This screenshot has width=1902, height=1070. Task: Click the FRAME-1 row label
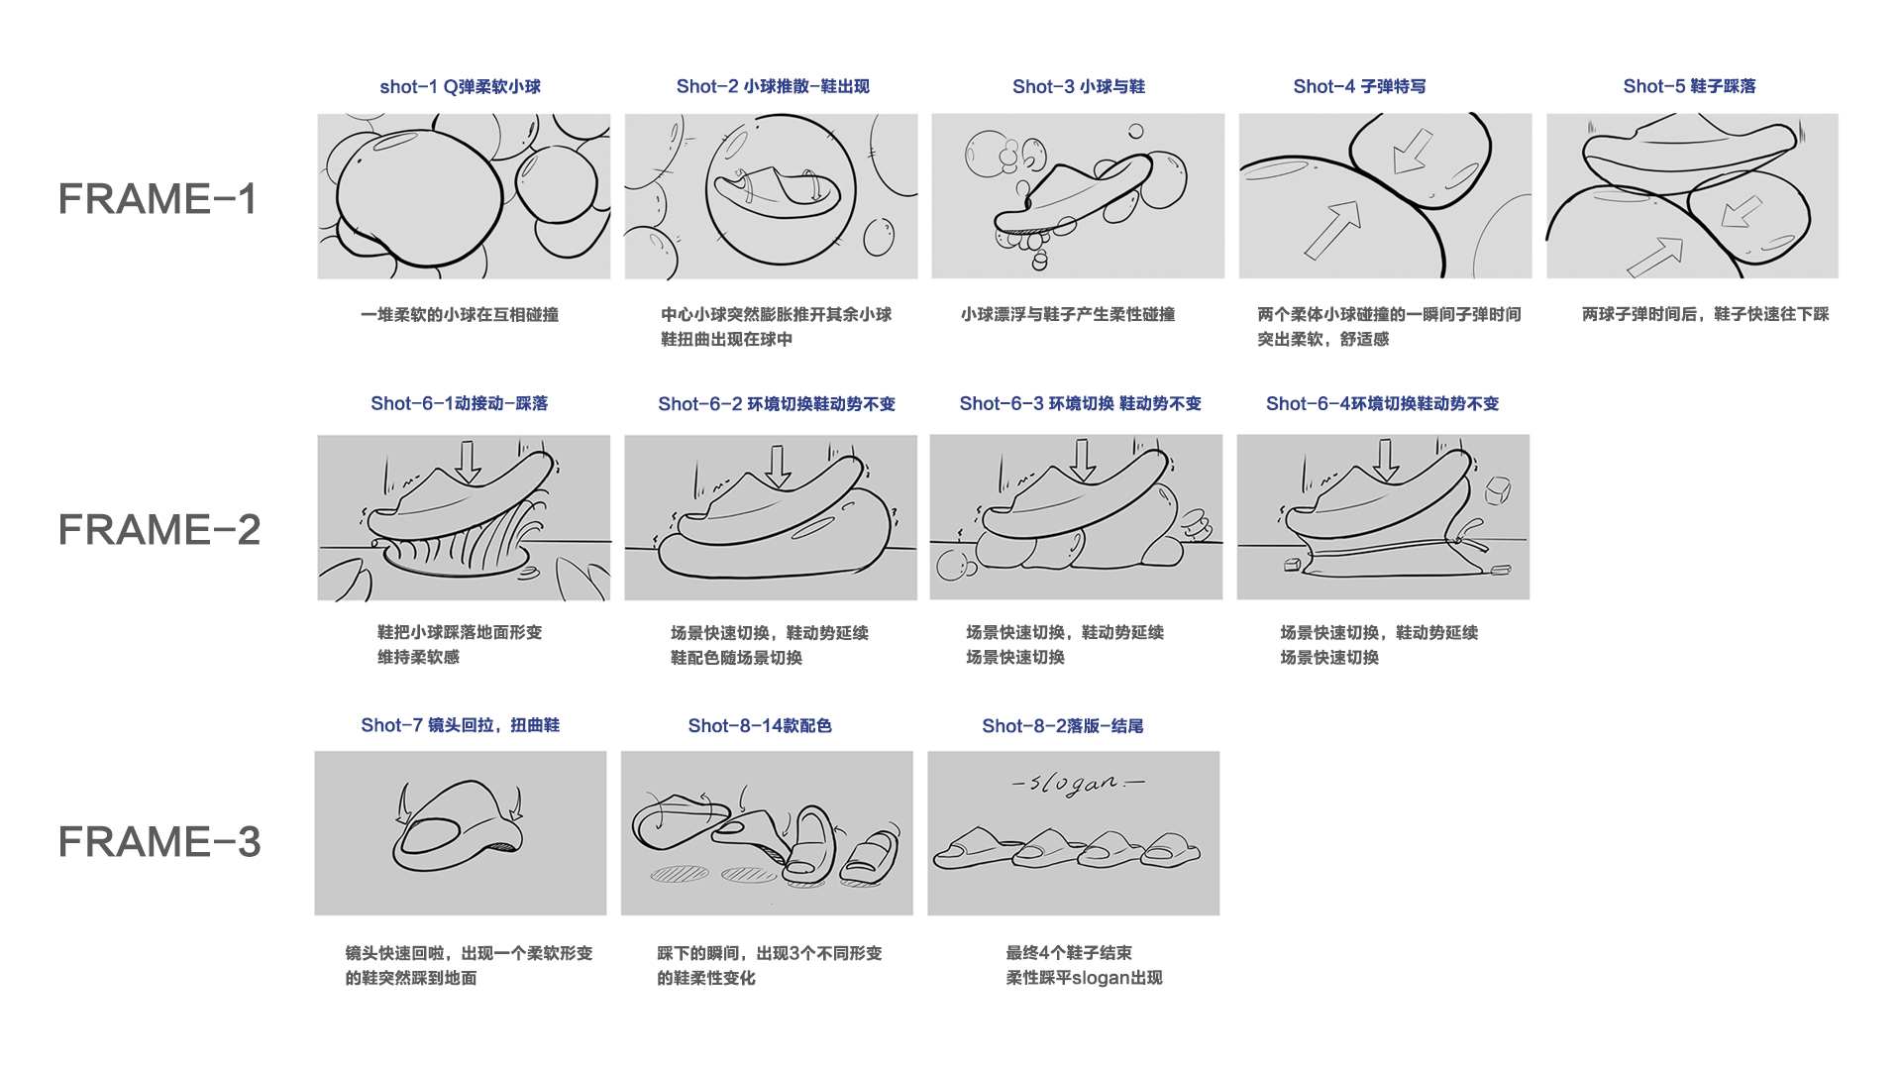158,199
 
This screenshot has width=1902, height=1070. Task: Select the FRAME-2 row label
158,530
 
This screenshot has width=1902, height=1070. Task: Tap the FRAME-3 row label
158,842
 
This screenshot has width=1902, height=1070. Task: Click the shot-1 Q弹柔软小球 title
460,87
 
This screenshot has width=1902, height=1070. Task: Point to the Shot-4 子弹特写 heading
1359,87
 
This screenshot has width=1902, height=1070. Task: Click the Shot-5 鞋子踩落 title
1689,87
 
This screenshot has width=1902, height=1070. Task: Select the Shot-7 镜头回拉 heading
460,725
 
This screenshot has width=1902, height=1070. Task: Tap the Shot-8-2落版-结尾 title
1062,726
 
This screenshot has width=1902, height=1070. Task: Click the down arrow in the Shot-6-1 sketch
468,462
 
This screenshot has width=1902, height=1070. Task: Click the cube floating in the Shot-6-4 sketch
1497,489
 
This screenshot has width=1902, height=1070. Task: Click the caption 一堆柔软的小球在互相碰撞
460,315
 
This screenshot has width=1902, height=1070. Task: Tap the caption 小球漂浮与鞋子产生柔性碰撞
1067,315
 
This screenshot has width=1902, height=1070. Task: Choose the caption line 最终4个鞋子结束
1068,953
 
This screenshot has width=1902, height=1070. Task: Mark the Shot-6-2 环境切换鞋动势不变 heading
776,404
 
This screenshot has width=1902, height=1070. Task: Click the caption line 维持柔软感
418,657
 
